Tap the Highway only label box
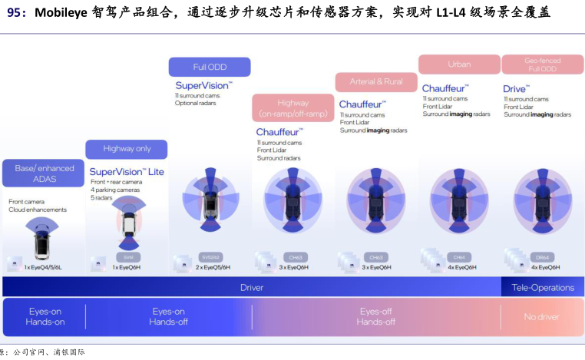pyautogui.click(x=127, y=149)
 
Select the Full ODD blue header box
pyautogui.click(x=210, y=67)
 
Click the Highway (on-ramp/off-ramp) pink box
pyautogui.click(x=292, y=108)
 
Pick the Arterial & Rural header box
pyautogui.click(x=376, y=81)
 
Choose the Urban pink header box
pyautogui.click(x=459, y=64)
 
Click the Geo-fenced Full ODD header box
pyautogui.click(x=542, y=64)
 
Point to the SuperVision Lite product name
pyautogui.click(x=127, y=172)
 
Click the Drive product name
pyautogui.click(x=516, y=89)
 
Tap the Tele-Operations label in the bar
pyautogui.click(x=543, y=288)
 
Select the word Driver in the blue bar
pyautogui.click(x=252, y=288)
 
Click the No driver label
pyautogui.click(x=541, y=317)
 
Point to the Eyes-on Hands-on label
pyautogui.click(x=46, y=317)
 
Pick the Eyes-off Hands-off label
pyautogui.click(x=375, y=317)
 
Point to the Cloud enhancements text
pyautogui.click(x=38, y=210)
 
